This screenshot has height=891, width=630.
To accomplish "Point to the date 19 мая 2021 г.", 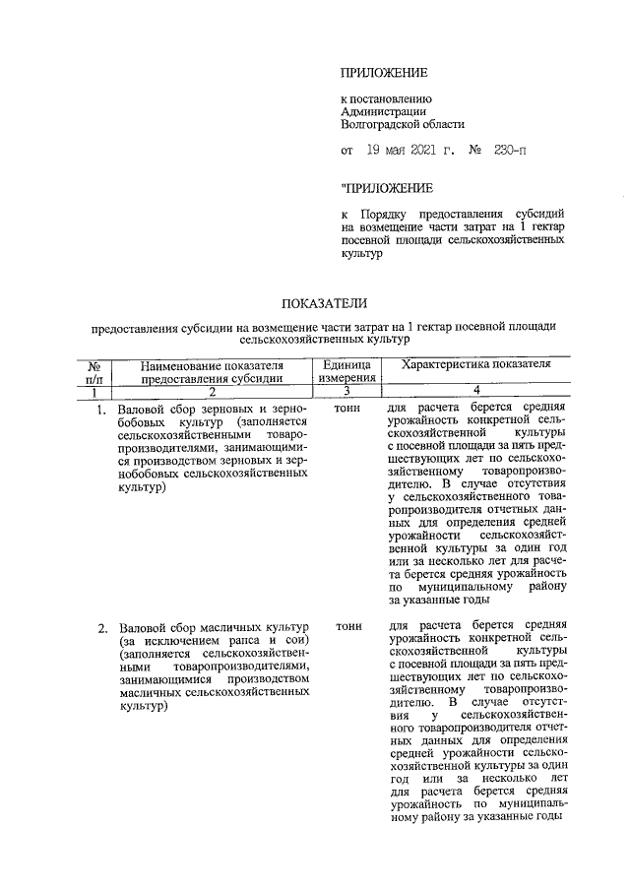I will [x=409, y=152].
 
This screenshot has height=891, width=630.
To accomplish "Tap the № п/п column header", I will [x=95, y=370].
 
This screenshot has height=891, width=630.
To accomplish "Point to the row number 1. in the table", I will [x=102, y=409].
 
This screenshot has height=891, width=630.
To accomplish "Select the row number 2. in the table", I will [x=102, y=627].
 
